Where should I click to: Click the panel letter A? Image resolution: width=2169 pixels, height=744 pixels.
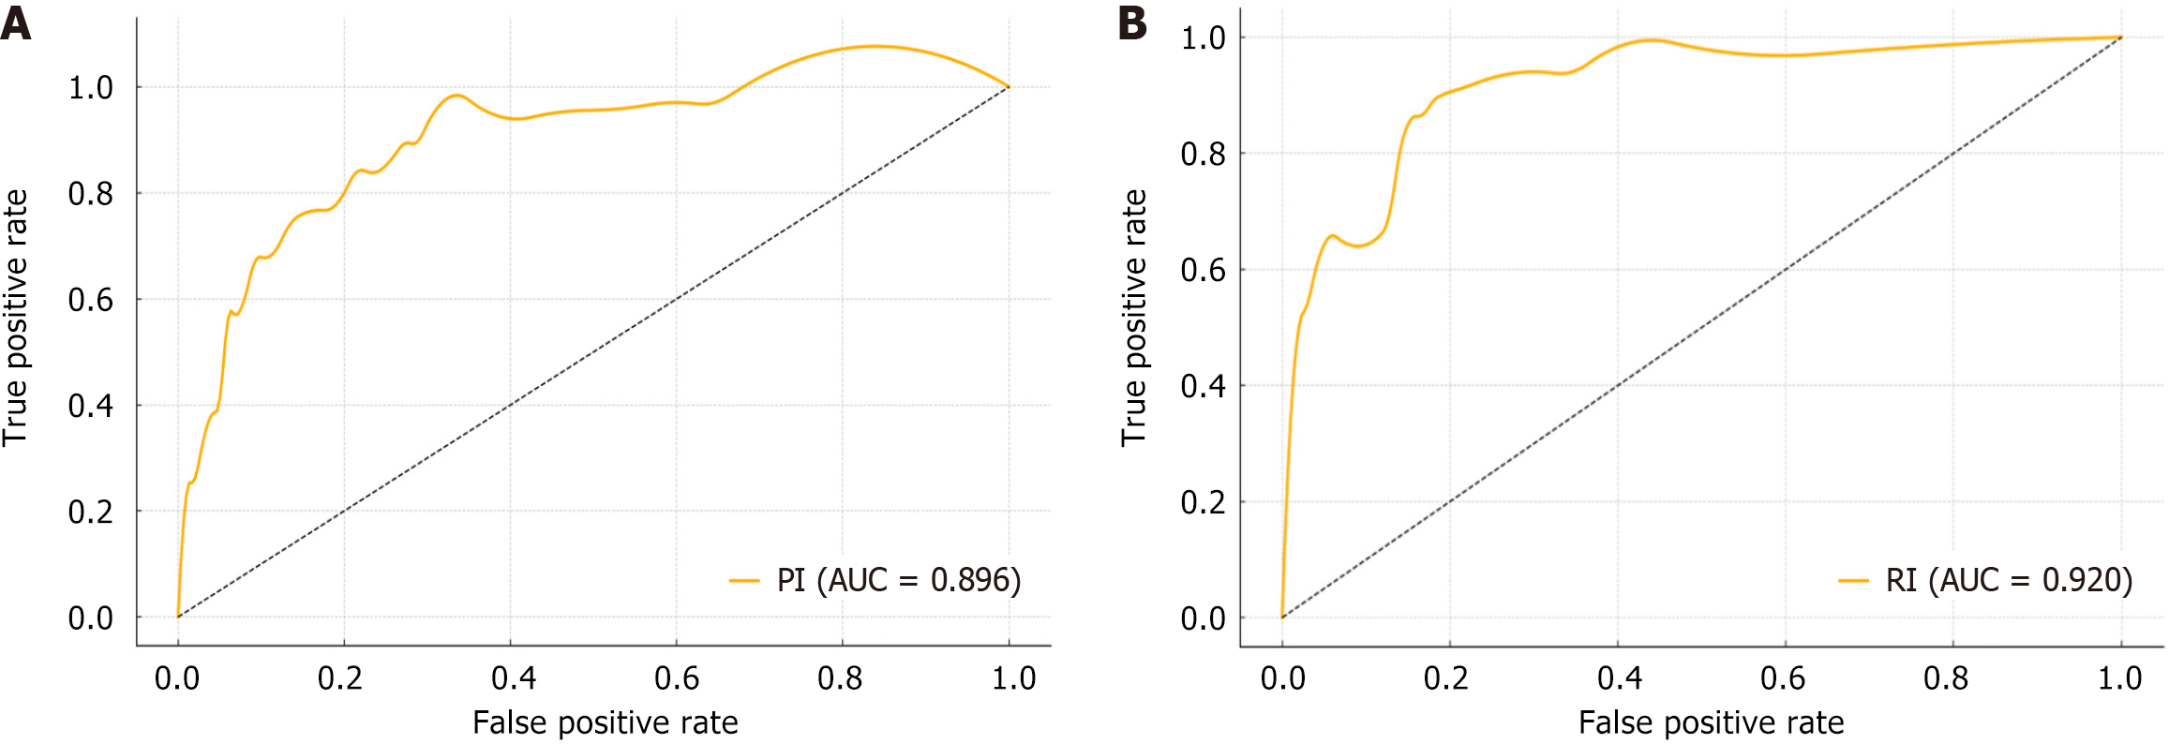pos(16,22)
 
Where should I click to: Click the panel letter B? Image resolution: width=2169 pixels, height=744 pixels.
pos(1132,22)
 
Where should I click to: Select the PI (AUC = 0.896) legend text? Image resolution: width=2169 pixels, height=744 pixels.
pos(899,581)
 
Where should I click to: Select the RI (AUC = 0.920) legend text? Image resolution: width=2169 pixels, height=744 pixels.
pos(2010,581)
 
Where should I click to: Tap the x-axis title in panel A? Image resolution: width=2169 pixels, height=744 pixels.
pos(605,722)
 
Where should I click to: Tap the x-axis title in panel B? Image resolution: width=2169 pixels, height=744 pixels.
pos(1711,722)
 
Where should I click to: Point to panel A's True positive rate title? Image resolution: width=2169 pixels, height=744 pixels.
pos(16,318)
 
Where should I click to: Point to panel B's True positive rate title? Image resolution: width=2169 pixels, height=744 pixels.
pos(1134,318)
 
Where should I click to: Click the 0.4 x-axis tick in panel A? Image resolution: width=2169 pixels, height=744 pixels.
pos(514,677)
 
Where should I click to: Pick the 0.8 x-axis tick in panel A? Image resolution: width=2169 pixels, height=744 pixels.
pos(840,677)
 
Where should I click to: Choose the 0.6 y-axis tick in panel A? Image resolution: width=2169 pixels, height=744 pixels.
pos(90,300)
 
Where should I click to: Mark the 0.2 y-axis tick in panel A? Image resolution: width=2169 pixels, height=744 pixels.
pos(90,512)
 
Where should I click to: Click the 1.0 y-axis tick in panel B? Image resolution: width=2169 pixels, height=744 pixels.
pos(1204,38)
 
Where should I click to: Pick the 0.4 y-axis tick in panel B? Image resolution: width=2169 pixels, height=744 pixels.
pos(1204,386)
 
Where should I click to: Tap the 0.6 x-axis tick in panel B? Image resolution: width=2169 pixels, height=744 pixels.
pos(1783,677)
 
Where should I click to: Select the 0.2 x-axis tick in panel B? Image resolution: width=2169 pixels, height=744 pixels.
pos(1446,677)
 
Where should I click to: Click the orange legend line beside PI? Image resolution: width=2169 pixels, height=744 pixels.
pos(744,581)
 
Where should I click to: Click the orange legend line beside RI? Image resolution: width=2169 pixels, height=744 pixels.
pos(1854,581)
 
